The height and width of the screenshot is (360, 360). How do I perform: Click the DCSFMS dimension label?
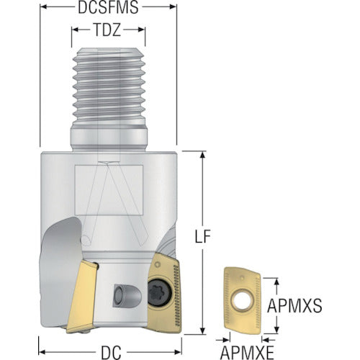point(108,7)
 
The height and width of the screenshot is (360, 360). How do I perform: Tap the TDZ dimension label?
point(107,30)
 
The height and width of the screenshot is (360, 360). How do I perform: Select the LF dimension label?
point(203,236)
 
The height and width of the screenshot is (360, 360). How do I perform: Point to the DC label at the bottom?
point(111,353)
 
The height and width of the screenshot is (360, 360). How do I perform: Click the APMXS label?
point(294,306)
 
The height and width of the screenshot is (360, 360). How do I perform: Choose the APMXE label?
point(247,353)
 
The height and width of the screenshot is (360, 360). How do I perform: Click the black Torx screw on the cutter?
point(159,293)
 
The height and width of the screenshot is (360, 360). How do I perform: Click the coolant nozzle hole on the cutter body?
point(119,295)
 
